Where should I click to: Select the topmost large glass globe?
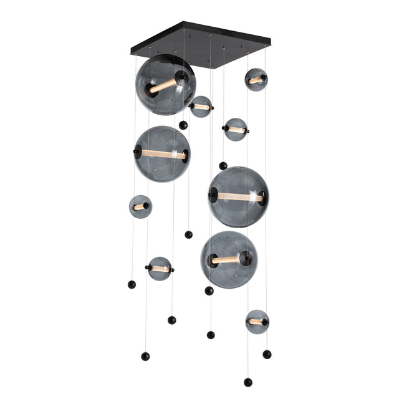[x=165, y=85]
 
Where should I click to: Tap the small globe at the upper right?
[x=256, y=80]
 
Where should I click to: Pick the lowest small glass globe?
[x=257, y=322]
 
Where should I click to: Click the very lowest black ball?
[x=248, y=382]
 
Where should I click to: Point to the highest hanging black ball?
[x=183, y=125]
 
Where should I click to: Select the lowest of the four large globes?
[x=229, y=259]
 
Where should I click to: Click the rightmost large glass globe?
[x=238, y=196]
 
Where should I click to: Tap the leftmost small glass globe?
[x=140, y=206]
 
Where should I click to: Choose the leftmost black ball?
[x=132, y=284]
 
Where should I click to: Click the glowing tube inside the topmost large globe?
[x=163, y=85]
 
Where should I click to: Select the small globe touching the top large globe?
[x=201, y=107]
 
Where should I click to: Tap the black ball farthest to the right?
[x=267, y=354]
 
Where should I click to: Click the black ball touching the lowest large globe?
[x=209, y=291]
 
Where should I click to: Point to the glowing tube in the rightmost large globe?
[x=239, y=197]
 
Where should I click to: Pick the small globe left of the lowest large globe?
[x=160, y=268]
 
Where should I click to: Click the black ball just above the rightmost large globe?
[x=223, y=166]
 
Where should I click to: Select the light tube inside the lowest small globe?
[x=256, y=322]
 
